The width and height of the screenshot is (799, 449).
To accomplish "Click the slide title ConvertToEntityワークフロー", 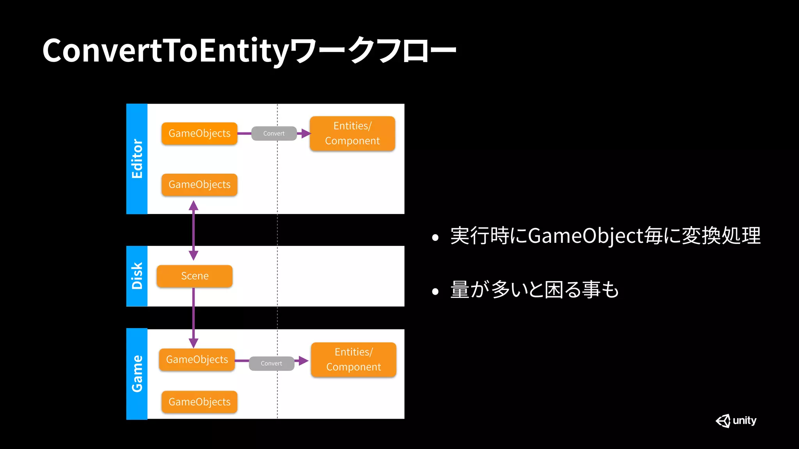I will coord(249,51).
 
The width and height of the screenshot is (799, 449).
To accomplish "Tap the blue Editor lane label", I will coord(137,159).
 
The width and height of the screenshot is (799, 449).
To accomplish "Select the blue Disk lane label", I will coord(137,276).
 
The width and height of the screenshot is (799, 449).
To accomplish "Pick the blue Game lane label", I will coord(137,374).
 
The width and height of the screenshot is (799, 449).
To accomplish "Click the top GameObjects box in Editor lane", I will coord(199,134).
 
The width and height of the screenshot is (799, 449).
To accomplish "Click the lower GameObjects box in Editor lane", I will coord(199,185).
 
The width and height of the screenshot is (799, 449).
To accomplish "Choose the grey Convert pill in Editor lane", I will coord(274,134).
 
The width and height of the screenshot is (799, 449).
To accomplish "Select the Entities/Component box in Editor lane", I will coord(352,134).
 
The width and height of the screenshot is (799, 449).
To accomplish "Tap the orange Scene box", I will coord(195,276).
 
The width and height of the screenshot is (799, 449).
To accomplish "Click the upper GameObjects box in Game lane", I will coord(197,360).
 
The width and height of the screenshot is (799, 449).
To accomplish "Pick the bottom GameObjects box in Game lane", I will coord(199,402).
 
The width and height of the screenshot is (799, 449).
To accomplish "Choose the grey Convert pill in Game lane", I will coord(272,364).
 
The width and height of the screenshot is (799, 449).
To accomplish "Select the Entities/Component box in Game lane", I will coord(353,360).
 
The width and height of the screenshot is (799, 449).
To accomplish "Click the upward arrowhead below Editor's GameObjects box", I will coord(194,205).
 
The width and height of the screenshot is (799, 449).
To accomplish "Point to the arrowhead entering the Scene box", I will coord(194,256).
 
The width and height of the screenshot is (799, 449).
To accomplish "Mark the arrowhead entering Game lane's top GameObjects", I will coord(194,343).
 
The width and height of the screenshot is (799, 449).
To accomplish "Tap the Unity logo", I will coord(736,421).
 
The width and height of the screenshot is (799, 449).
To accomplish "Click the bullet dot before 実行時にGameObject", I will coord(435,237).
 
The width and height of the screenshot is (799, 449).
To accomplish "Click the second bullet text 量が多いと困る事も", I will coord(534,290).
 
